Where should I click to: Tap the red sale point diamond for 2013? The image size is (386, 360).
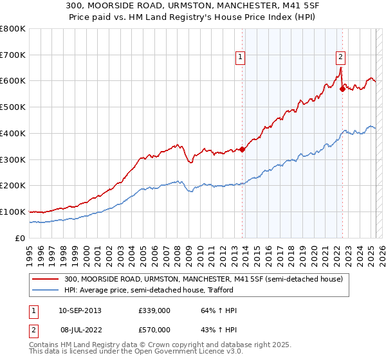(x=243, y=150)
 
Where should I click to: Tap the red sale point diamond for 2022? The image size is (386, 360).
(x=342, y=89)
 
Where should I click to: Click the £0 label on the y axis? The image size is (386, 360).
(x=20, y=238)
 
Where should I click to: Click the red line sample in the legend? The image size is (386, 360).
(x=46, y=280)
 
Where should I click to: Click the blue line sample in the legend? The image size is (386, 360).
(x=46, y=291)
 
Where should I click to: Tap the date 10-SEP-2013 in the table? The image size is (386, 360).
(x=80, y=310)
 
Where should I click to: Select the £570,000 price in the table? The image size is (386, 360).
(x=154, y=330)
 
